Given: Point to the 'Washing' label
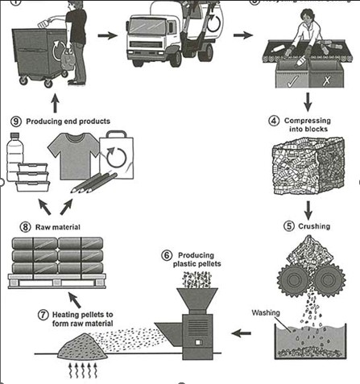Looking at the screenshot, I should pyautogui.click(x=267, y=312).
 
